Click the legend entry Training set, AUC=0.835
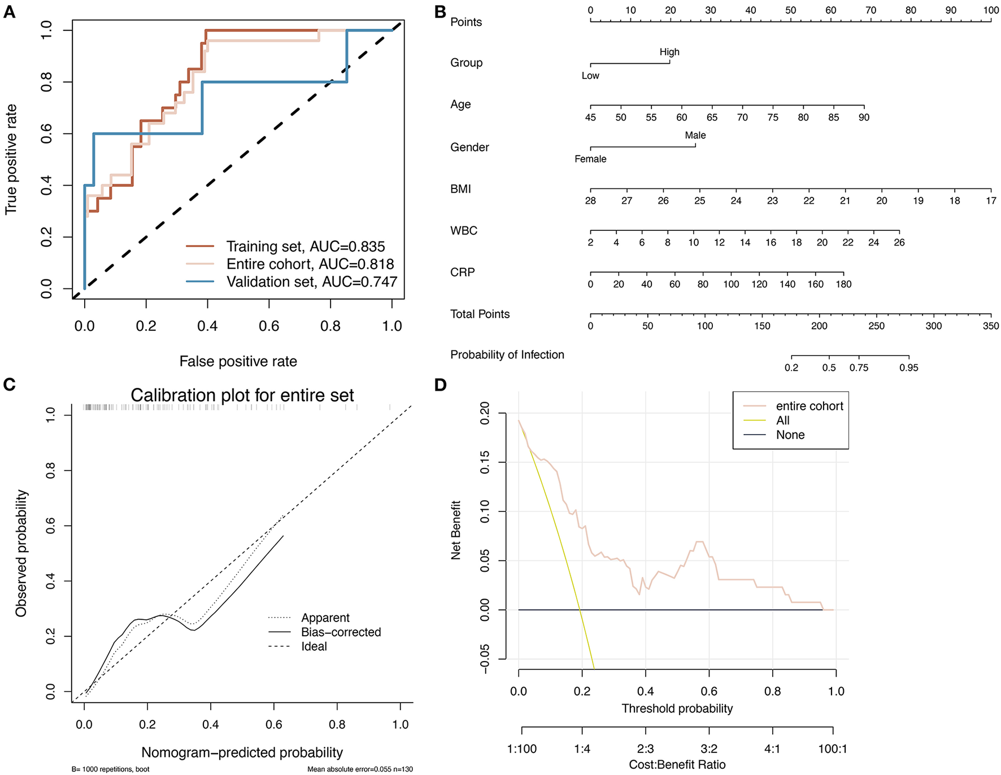305,247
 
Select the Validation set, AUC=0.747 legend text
312,282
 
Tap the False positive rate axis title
238,361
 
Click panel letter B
441,12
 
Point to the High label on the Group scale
669,52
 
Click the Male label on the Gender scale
695,135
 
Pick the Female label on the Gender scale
590,159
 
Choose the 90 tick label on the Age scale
864,117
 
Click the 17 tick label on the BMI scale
991,201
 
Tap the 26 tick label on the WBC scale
899,243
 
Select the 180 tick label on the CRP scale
843,284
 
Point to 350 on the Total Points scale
991,326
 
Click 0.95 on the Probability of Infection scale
909,368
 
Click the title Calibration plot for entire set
242,395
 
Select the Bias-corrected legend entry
341,632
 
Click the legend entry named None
790,435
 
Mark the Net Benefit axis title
456,530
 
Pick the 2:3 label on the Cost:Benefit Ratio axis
646,749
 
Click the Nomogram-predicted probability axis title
242,752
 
